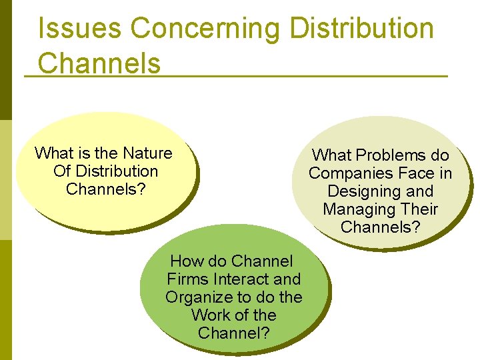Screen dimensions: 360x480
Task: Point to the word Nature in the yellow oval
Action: pos(147,153)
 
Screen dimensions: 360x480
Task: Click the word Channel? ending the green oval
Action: pos(234,333)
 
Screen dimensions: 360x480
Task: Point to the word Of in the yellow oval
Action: pos(62,171)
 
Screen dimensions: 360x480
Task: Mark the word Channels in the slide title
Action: pos(99,63)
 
